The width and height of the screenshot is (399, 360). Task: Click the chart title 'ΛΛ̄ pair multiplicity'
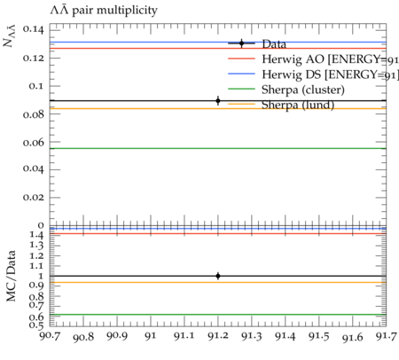104,10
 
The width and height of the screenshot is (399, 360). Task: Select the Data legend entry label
274,44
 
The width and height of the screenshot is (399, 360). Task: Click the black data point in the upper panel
218,101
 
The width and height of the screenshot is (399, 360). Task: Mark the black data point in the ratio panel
218,276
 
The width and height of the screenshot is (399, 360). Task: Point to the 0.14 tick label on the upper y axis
33,29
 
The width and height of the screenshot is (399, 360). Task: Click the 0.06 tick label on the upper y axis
33,143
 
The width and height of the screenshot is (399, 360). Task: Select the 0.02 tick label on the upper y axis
33,197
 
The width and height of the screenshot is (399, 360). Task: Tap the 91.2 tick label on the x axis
218,336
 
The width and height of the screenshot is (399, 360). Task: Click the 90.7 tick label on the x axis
50,336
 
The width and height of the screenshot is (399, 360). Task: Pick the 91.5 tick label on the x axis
319,336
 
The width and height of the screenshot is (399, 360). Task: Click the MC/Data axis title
11,276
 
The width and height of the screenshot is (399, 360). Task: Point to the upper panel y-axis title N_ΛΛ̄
9,36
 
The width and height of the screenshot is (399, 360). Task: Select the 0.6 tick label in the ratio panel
36,317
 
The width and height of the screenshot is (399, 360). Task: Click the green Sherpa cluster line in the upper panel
218,148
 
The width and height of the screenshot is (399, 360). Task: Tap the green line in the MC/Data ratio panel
218,315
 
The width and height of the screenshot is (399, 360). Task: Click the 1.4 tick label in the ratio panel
36,235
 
